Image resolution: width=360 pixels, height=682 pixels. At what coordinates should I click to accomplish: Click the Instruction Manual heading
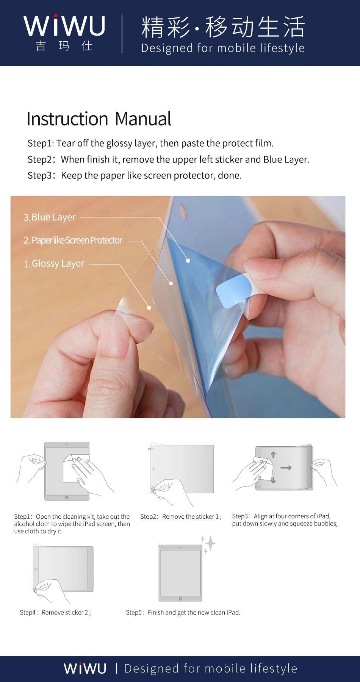click(99, 119)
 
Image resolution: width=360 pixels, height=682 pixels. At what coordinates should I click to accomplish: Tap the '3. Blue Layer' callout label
click(50, 217)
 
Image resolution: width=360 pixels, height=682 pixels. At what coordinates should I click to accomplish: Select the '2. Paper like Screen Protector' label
click(73, 240)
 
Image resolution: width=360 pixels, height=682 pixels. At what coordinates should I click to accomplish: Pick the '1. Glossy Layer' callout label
click(54, 264)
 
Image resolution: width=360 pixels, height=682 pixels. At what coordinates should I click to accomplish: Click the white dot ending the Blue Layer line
click(188, 261)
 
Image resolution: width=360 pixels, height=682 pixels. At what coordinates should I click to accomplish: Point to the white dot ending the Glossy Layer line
click(149, 308)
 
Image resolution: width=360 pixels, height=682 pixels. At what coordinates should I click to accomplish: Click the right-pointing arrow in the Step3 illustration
click(286, 468)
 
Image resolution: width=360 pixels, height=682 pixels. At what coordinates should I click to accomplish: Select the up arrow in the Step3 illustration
click(273, 454)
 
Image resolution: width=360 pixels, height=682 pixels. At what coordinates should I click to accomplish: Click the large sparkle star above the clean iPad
click(210, 544)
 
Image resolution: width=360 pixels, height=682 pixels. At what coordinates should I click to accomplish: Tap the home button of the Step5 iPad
click(180, 599)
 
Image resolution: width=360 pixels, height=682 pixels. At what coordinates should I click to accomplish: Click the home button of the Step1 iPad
click(67, 498)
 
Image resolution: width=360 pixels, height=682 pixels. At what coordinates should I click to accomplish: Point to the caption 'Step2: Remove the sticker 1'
click(181, 516)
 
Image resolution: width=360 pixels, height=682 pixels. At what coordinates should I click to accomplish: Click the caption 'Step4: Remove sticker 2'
click(55, 612)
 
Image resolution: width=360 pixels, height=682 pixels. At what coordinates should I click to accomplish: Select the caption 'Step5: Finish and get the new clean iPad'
click(183, 612)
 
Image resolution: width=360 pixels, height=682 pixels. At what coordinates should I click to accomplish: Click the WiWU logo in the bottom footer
click(85, 668)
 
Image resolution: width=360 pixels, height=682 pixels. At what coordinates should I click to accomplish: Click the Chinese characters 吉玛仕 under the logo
click(64, 46)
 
